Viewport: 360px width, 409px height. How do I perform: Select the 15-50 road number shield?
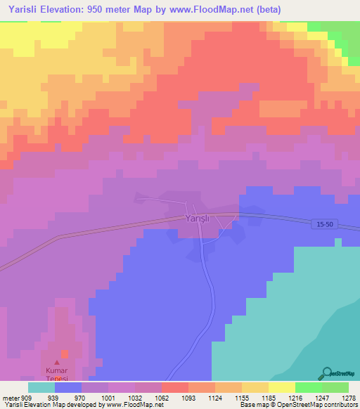click(x=324, y=223)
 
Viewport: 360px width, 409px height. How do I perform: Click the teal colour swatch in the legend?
click(x=41, y=387)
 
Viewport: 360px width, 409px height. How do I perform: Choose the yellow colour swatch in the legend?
click(x=281, y=387)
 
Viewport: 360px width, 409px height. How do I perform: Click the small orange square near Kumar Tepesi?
click(x=65, y=353)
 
